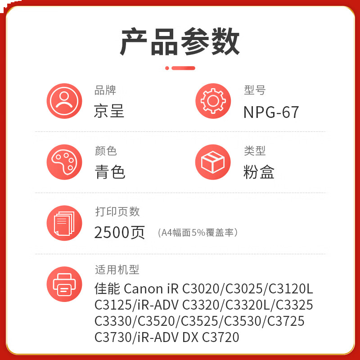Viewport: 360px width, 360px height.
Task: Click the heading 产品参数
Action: [180, 43]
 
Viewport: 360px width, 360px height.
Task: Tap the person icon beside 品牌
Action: [64, 101]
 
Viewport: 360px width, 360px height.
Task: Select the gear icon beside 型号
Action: [213, 101]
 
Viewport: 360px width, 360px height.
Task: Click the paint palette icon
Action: [64, 162]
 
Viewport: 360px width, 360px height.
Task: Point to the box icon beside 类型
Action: [213, 162]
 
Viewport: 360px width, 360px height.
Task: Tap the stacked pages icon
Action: [64, 223]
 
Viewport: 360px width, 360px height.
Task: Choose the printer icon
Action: [64, 283]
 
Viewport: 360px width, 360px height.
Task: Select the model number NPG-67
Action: [271, 112]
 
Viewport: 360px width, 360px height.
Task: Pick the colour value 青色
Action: [110, 172]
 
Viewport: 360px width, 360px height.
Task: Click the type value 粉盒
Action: [259, 172]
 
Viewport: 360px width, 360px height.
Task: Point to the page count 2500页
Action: [120, 232]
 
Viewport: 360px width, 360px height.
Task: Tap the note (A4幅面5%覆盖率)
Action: [198, 233]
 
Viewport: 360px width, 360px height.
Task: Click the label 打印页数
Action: [117, 211]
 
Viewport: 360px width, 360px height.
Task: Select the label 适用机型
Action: [117, 270]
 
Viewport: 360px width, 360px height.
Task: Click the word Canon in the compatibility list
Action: [143, 288]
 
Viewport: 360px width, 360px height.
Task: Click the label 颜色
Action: [106, 151]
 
